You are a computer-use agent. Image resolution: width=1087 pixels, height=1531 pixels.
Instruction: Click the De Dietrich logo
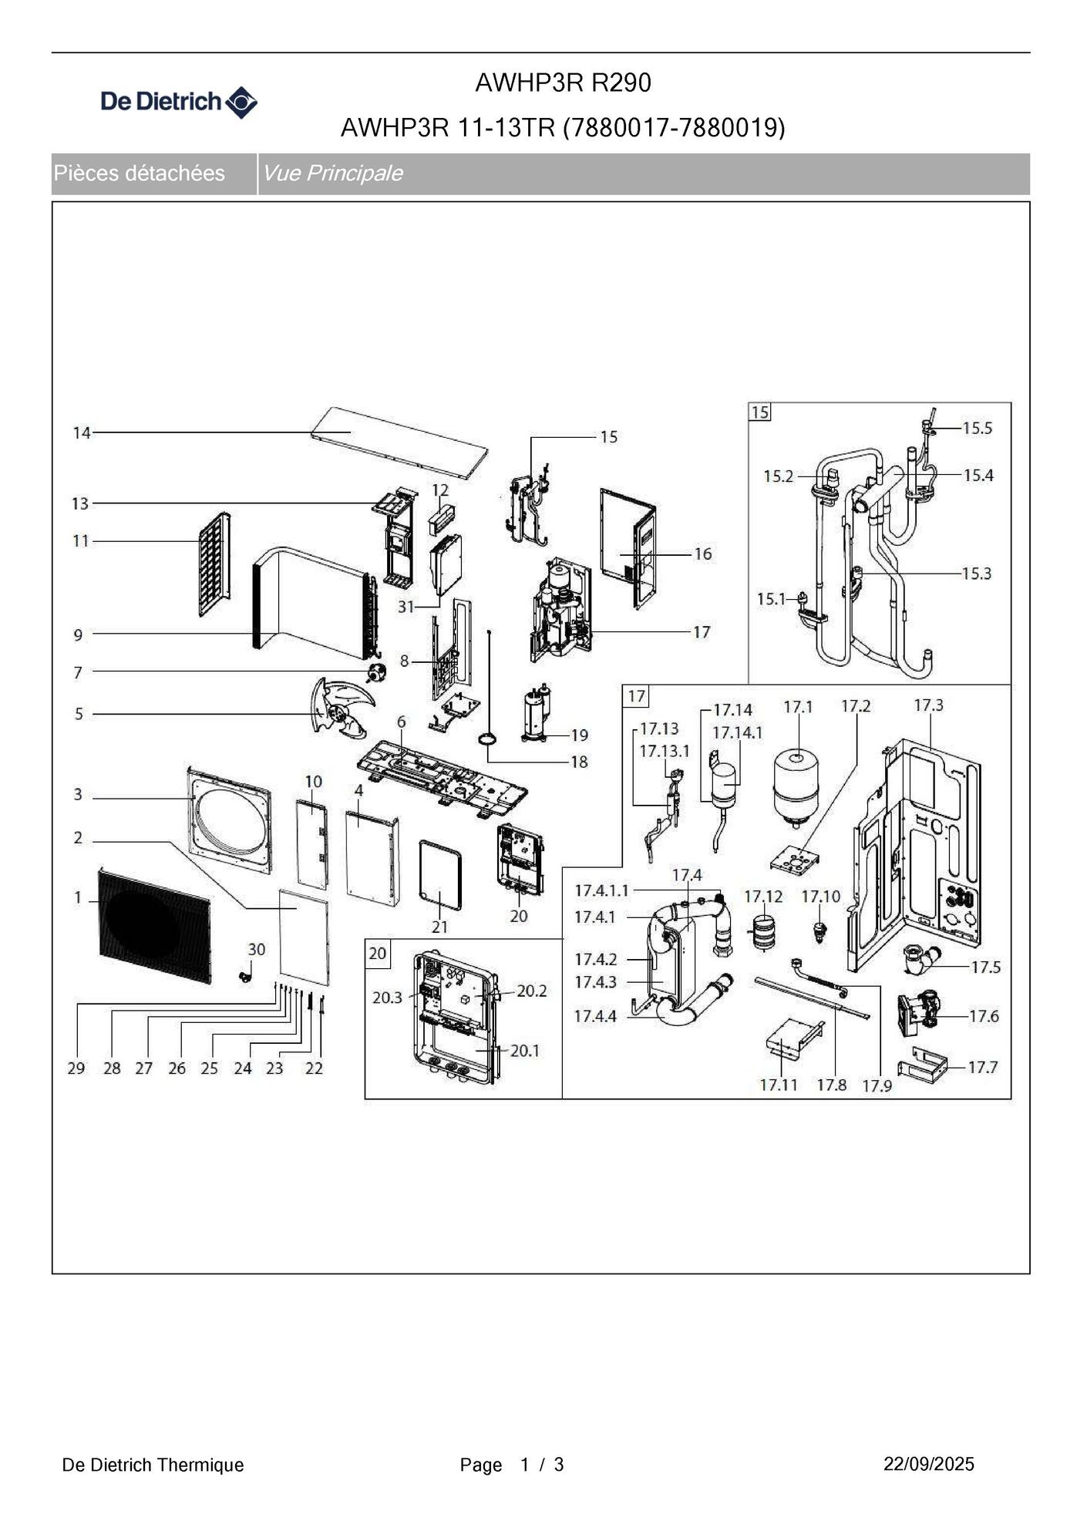[179, 102]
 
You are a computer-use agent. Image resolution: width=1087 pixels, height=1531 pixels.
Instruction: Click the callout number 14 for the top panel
[82, 433]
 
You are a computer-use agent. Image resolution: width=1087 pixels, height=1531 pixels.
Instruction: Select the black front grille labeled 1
[154, 925]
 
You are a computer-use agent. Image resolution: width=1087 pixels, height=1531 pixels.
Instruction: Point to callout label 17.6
[984, 1017]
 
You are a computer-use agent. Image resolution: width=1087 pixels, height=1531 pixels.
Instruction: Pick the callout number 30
[256, 950]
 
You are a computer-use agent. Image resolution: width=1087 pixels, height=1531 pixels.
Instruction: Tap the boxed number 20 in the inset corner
[377, 954]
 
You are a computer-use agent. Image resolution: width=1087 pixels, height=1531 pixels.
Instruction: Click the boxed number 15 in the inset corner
[760, 412]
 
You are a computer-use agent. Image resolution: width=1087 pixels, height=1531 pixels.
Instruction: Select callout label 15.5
[978, 429]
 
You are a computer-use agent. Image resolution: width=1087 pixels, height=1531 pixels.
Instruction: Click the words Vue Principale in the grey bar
[332, 173]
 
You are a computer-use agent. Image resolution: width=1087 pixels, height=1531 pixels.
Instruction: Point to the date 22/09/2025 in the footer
[928, 1464]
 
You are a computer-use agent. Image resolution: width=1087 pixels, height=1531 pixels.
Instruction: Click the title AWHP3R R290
[563, 82]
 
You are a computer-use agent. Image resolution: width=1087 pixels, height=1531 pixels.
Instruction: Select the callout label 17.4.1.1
[601, 890]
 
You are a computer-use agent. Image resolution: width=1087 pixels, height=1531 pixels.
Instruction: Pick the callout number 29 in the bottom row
[76, 1068]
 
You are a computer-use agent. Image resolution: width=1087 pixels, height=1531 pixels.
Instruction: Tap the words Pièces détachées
[140, 173]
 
